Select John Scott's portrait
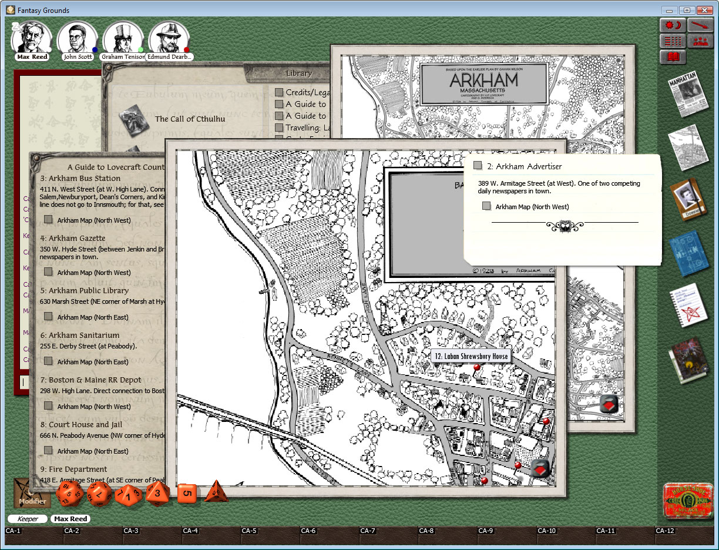click(78, 39)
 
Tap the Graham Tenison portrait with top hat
click(123, 39)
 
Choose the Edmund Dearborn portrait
click(168, 39)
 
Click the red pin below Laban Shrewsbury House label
click(476, 368)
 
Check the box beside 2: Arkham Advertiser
click(478, 166)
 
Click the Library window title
click(298, 73)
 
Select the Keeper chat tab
click(28, 519)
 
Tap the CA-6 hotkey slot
click(309, 531)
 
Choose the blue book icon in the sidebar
click(688, 253)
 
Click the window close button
click(704, 10)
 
